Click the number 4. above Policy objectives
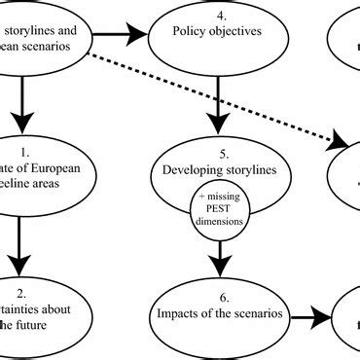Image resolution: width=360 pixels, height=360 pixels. click(221, 17)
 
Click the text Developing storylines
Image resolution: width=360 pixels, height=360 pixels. click(222, 171)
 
